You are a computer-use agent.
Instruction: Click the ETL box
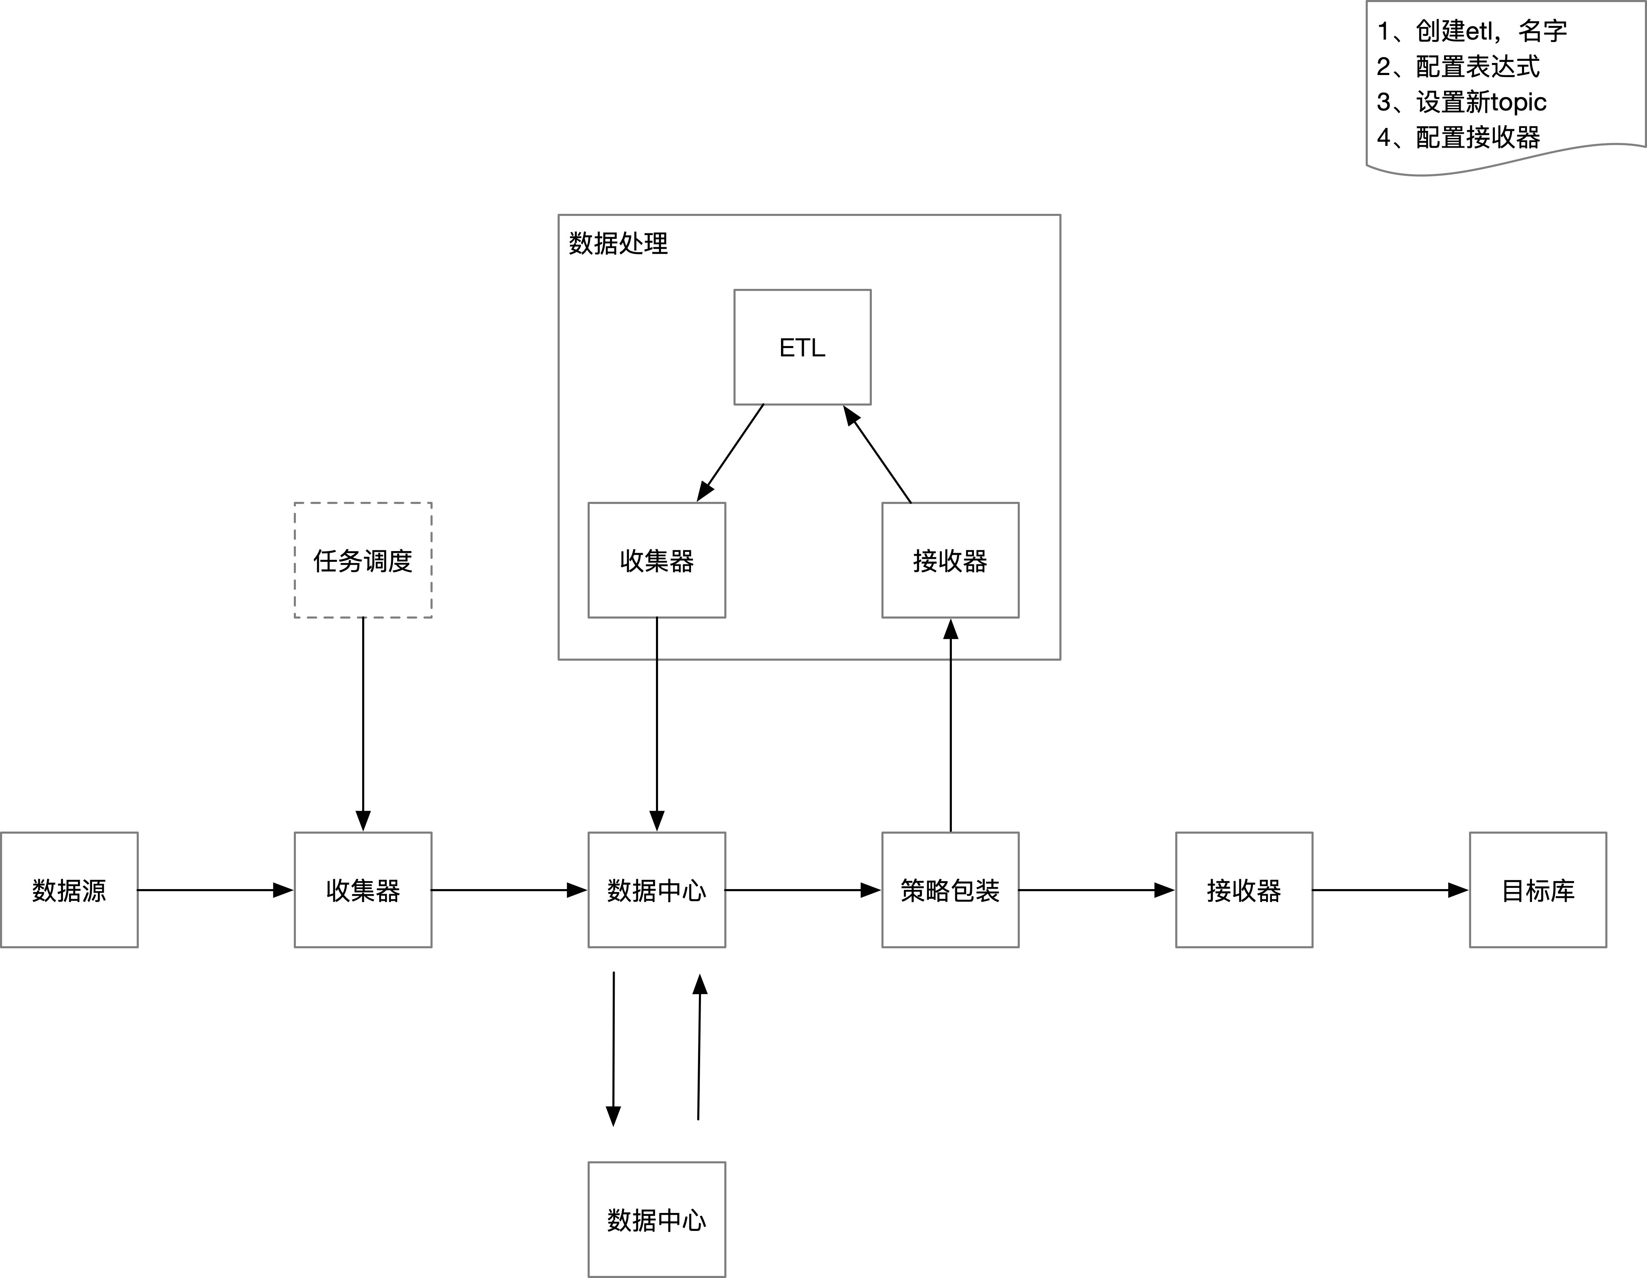[802, 347]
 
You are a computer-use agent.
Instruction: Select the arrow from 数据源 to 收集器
[215, 890]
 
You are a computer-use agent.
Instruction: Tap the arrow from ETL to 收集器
[731, 453]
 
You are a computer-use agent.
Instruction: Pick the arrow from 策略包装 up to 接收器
[951, 724]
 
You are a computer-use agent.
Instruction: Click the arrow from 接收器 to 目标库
[1390, 890]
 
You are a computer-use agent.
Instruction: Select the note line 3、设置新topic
[1461, 102]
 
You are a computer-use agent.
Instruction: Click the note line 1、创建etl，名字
[1471, 31]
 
